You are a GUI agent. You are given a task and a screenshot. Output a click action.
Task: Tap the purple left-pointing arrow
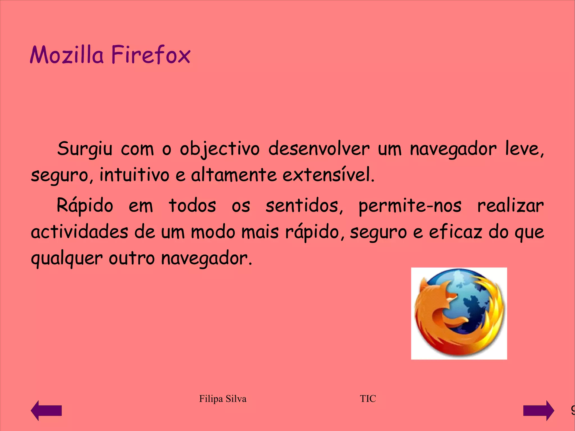(x=46, y=411)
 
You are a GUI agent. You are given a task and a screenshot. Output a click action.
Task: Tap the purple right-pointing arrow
(x=539, y=411)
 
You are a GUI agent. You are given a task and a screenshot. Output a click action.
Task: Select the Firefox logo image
(x=459, y=313)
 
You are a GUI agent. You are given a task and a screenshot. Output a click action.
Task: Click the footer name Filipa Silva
(x=223, y=399)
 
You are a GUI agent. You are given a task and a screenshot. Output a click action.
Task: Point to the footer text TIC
(x=368, y=399)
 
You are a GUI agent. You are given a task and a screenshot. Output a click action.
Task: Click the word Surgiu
(x=85, y=149)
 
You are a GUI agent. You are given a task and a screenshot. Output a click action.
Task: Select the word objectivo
(x=220, y=149)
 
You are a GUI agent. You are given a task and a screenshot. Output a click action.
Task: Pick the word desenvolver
(x=319, y=149)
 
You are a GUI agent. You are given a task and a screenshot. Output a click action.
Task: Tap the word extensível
(x=328, y=175)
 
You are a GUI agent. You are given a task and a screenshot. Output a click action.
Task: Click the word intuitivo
(x=134, y=175)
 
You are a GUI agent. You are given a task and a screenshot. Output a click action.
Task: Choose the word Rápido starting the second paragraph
(x=85, y=206)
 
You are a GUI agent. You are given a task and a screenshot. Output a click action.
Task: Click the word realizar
(x=510, y=206)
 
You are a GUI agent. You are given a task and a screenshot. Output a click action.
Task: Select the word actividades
(x=79, y=232)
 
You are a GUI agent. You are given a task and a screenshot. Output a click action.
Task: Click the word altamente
(x=234, y=175)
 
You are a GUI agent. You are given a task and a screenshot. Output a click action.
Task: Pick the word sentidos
(x=304, y=206)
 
